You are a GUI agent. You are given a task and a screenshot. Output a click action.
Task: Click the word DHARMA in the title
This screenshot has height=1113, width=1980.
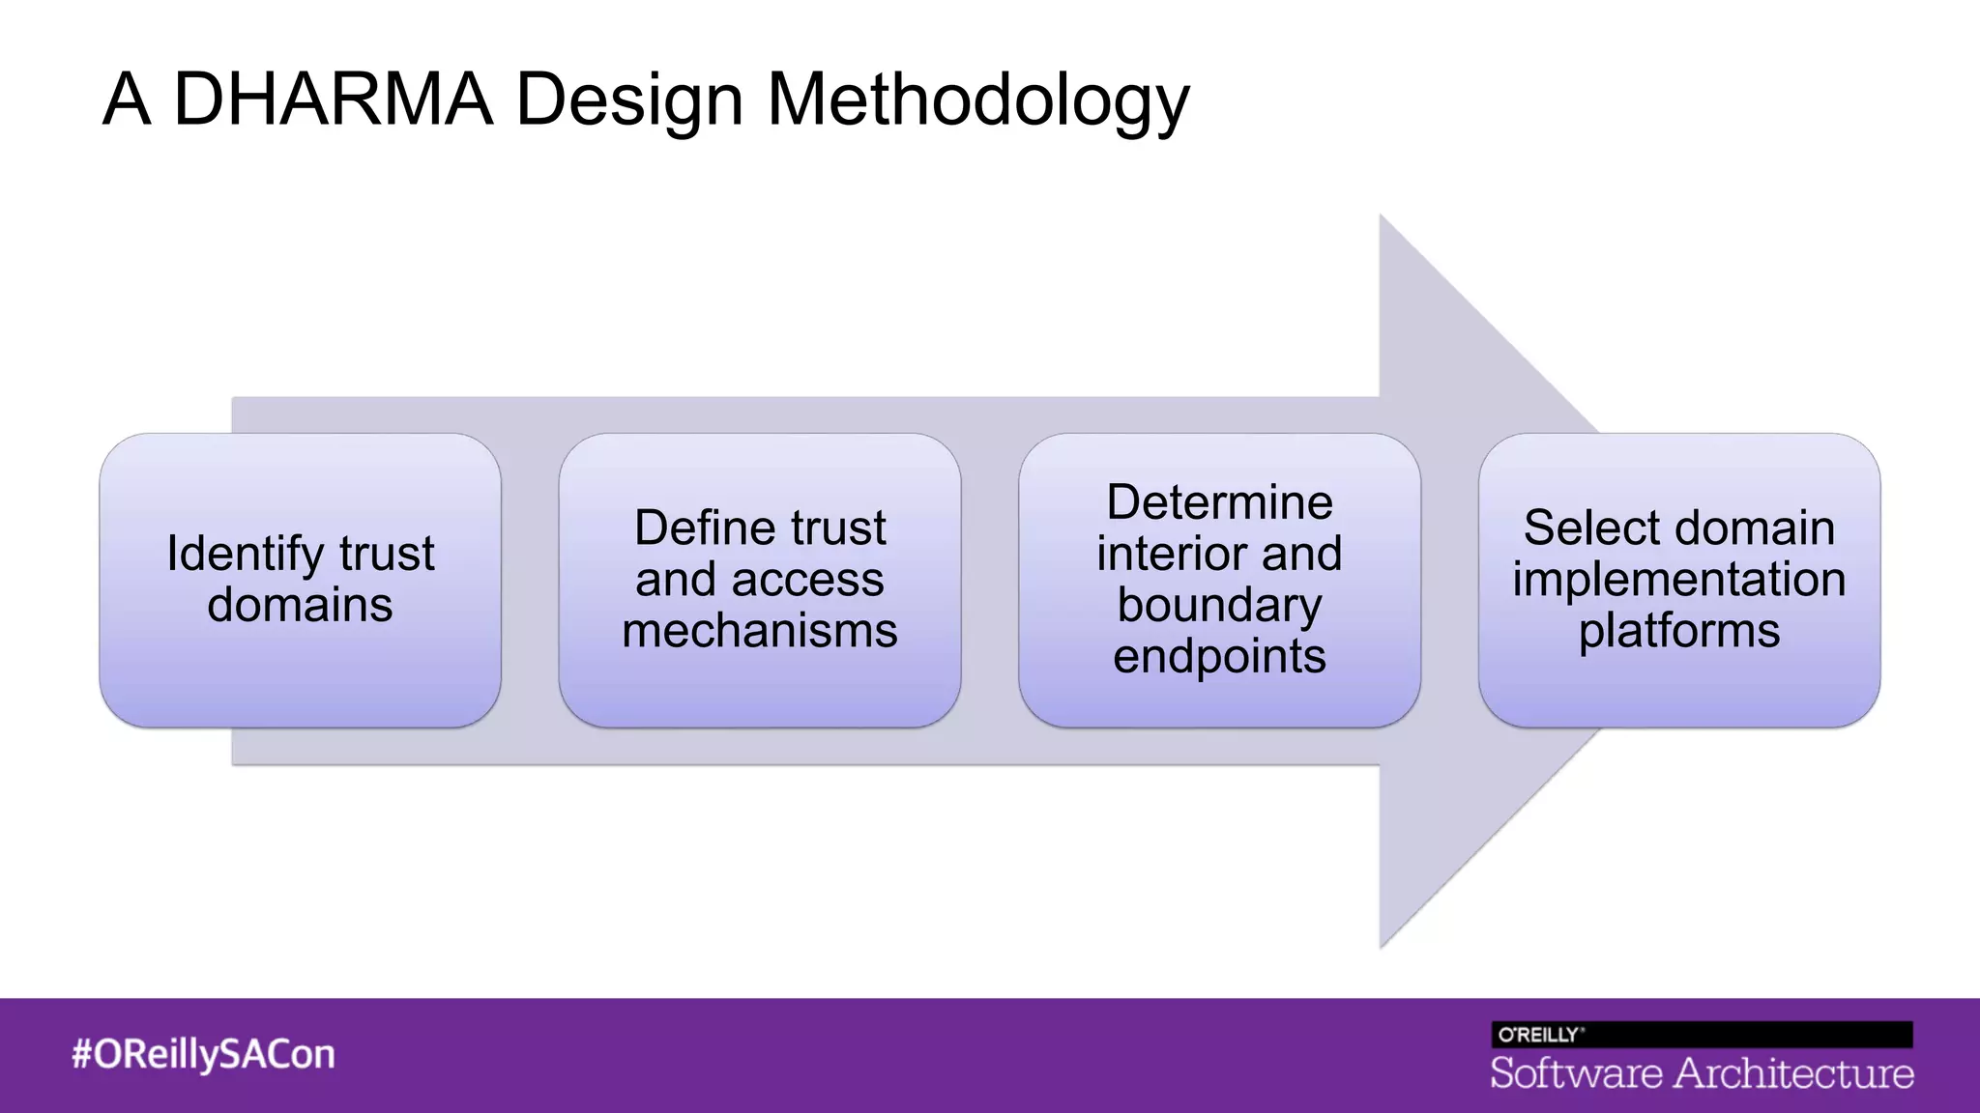point(333,99)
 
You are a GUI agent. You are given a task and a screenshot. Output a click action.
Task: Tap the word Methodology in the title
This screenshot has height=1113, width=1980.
point(977,100)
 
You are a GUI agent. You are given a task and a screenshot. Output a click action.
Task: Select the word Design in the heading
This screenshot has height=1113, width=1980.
point(629,100)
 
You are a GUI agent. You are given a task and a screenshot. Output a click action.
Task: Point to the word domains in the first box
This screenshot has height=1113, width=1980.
point(300,605)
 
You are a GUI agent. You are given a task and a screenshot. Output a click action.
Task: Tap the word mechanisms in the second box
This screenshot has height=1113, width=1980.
point(760,630)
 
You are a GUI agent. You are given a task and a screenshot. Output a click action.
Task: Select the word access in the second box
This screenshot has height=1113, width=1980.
point(807,580)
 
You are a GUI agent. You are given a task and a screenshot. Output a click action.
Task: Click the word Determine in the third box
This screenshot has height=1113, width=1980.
point(1219,502)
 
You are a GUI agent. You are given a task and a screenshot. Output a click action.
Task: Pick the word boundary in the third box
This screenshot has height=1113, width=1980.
point(1219,605)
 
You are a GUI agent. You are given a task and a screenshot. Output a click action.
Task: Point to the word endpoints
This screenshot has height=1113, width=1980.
point(1219,656)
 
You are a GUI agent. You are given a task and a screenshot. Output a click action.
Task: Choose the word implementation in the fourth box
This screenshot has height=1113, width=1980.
point(1679,580)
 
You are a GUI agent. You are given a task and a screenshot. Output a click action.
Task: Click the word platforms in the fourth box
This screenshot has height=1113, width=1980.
point(1679,630)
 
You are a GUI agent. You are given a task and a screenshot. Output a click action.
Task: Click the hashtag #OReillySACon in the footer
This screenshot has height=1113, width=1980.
point(203,1054)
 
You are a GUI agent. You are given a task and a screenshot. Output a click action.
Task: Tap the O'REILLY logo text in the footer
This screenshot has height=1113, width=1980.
point(1539,1035)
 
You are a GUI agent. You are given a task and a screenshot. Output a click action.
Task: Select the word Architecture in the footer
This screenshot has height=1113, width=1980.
point(1794,1073)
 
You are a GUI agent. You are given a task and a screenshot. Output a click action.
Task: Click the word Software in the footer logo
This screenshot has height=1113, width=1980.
point(1576,1073)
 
